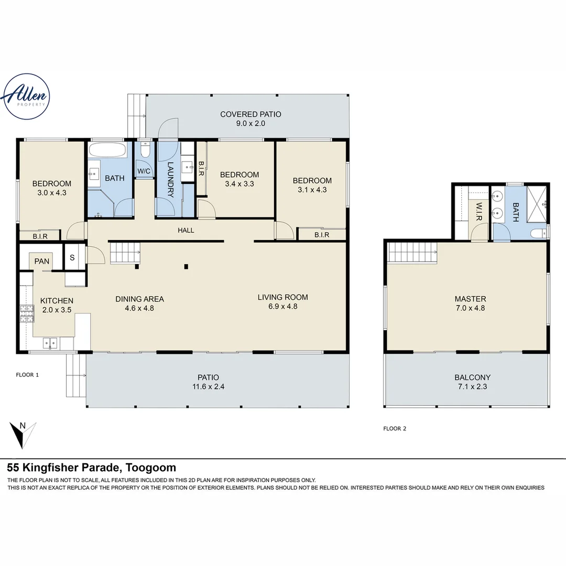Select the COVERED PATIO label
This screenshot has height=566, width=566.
pyautogui.click(x=251, y=114)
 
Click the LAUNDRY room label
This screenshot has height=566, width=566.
pyautogui.click(x=170, y=179)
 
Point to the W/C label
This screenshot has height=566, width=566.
pyautogui.click(x=144, y=171)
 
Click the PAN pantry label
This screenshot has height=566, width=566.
pyautogui.click(x=42, y=261)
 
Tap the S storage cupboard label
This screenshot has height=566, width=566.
pyautogui.click(x=72, y=258)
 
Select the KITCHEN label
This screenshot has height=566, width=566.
pyautogui.click(x=57, y=301)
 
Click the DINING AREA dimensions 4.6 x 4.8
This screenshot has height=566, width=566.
pyautogui.click(x=139, y=308)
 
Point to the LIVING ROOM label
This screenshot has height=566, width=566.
pyautogui.click(x=282, y=297)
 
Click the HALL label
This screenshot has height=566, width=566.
pyautogui.click(x=186, y=230)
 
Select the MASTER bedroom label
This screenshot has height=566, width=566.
pyautogui.click(x=470, y=299)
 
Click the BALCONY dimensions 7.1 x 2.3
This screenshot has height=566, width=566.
pyautogui.click(x=472, y=386)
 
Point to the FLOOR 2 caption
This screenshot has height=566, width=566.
pyautogui.click(x=395, y=429)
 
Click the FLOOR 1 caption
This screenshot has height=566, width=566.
pyautogui.click(x=27, y=375)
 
